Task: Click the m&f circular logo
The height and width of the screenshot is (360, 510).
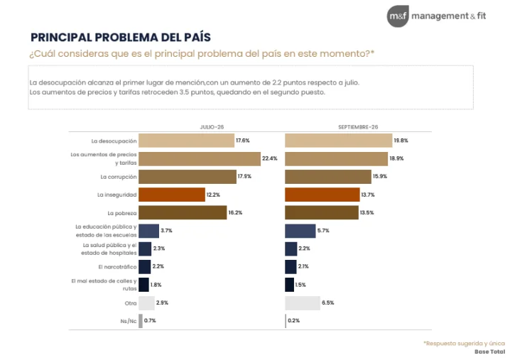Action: pyautogui.click(x=398, y=16)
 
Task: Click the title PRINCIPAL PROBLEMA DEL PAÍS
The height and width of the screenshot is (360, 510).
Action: pyautogui.click(x=121, y=38)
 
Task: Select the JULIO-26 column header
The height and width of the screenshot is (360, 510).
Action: pyautogui.click(x=212, y=127)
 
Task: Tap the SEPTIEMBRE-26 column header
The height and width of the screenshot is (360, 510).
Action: pyautogui.click(x=358, y=127)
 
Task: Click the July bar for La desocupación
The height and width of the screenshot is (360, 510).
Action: pyautogui.click(x=186, y=141)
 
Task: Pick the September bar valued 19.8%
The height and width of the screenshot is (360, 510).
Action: pyautogui.click(x=339, y=141)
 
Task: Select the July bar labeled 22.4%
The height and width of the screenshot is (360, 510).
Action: pyautogui.click(x=200, y=159)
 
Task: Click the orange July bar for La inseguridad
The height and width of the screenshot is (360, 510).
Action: pyautogui.click(x=172, y=195)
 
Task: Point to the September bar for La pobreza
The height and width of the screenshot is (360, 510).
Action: pyautogui.click(x=322, y=212)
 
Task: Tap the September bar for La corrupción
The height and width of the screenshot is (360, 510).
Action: pyautogui.click(x=328, y=177)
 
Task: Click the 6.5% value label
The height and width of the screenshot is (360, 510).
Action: pyautogui.click(x=328, y=302)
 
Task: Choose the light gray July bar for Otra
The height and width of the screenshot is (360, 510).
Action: pyautogui.click(x=146, y=303)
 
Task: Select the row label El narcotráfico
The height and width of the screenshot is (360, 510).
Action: pyautogui.click(x=117, y=267)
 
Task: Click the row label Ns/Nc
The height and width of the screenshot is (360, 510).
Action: pyautogui.click(x=129, y=321)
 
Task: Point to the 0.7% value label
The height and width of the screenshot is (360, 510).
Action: pyautogui.click(x=150, y=321)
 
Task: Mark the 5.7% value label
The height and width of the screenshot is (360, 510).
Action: pyautogui.click(x=323, y=231)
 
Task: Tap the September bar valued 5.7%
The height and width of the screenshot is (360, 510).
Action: pyautogui.click(x=300, y=231)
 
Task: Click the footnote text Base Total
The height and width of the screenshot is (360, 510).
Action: pyautogui.click(x=489, y=351)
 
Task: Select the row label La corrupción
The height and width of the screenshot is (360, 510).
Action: pyautogui.click(x=119, y=178)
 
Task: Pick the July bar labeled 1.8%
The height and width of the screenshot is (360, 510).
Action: pyautogui.click(x=143, y=285)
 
